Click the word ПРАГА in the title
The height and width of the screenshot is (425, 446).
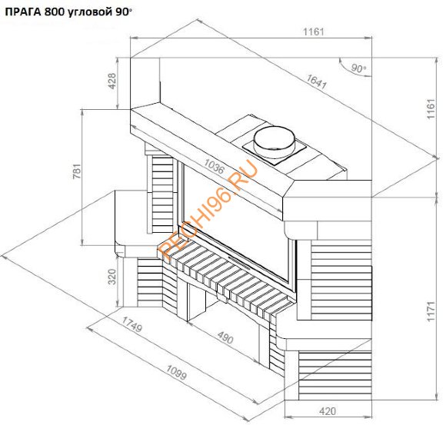pos(24,8)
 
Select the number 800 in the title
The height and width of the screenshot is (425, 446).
pos(59,8)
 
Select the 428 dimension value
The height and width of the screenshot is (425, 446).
pos(112,81)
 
